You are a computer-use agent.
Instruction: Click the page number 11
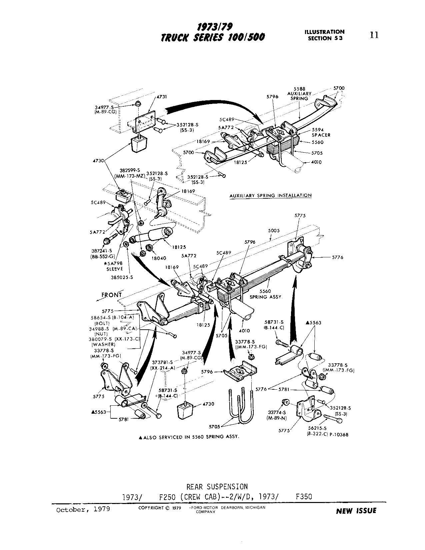[374, 35]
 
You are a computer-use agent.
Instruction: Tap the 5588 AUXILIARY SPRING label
[299, 94]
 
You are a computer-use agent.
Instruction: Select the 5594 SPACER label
[321, 132]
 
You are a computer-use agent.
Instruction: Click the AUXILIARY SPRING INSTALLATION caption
[270, 196]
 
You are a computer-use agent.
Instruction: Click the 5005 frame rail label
[273, 230]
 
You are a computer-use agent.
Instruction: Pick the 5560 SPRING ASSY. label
[266, 294]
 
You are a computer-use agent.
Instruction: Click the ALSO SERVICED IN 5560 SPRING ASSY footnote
[189, 437]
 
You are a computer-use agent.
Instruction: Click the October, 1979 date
[83, 510]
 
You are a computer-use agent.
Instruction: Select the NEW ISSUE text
[356, 511]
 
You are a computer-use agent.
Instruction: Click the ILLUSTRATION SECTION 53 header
[324, 35]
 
